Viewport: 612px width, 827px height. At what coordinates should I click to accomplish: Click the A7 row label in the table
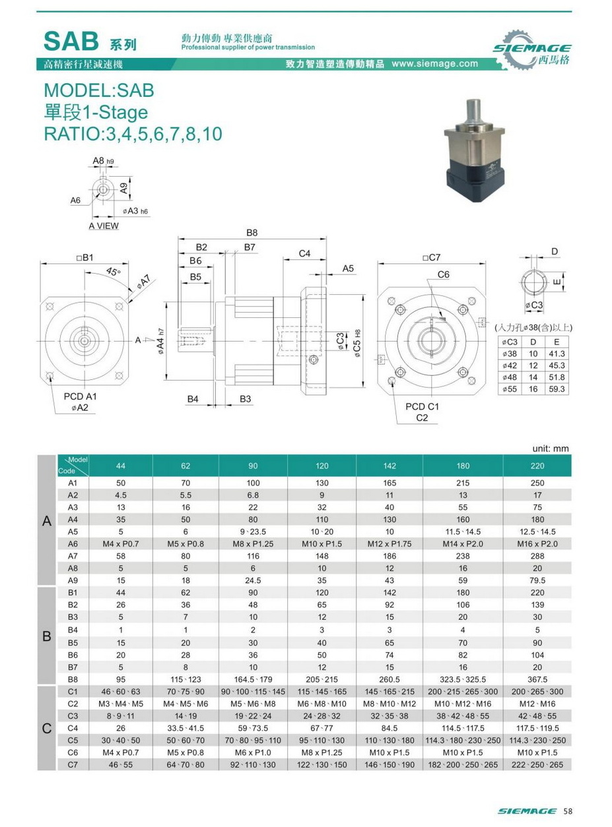[x=73, y=556]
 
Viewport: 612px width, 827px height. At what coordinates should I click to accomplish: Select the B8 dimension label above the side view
[x=252, y=233]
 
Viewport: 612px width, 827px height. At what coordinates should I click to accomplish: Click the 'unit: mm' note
[x=550, y=448]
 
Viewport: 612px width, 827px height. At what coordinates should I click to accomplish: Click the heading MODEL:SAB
[x=98, y=90]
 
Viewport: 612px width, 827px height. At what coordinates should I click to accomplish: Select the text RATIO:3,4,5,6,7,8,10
[x=132, y=134]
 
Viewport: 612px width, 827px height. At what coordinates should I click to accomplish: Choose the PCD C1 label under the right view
[x=423, y=407]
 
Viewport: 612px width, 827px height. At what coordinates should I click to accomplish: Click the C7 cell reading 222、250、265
[x=537, y=764]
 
